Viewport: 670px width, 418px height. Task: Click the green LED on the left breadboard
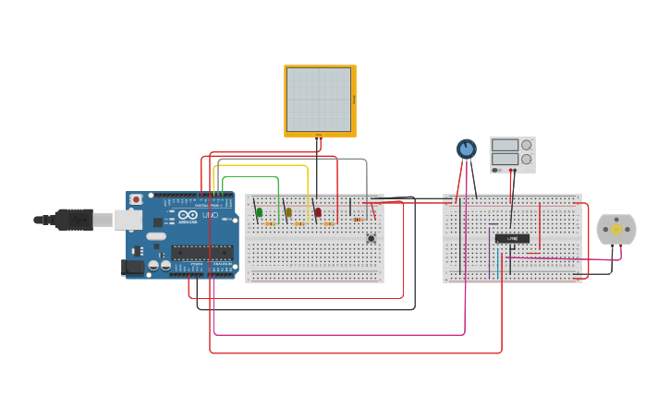(x=259, y=212)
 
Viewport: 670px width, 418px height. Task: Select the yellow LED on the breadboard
(x=288, y=212)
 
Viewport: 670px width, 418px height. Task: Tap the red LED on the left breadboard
(x=318, y=212)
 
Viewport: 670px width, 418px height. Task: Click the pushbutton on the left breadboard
(x=372, y=239)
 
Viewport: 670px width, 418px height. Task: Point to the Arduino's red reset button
(x=137, y=198)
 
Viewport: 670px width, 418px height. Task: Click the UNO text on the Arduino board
(x=211, y=215)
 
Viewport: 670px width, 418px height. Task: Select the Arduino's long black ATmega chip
(x=201, y=252)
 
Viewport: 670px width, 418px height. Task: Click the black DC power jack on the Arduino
(x=132, y=267)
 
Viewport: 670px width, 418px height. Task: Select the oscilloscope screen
(x=319, y=100)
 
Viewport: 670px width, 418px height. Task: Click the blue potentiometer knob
(x=467, y=149)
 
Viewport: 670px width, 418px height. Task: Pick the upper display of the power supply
(x=505, y=144)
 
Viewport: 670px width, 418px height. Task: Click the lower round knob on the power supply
(x=527, y=159)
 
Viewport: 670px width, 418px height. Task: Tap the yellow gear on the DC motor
(x=616, y=229)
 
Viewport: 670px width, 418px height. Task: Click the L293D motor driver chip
(x=512, y=238)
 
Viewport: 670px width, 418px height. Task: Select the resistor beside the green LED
(x=270, y=223)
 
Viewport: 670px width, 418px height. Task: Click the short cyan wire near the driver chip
(x=497, y=262)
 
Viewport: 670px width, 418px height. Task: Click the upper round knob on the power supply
(x=527, y=144)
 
